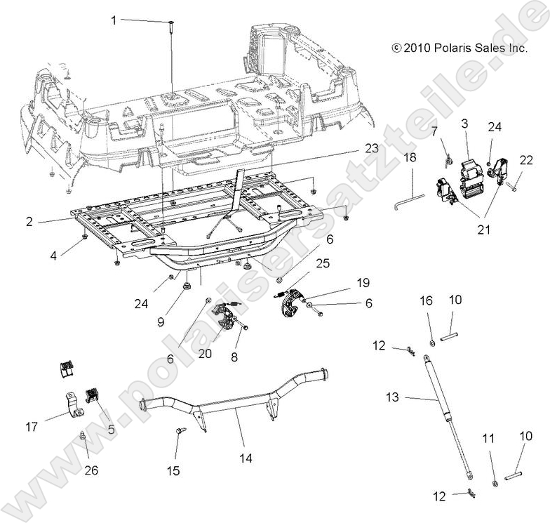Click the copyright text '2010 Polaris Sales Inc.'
point(460,48)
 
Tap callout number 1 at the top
point(114,20)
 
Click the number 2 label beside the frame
point(29,221)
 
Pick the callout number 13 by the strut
point(392,398)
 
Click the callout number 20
point(205,355)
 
